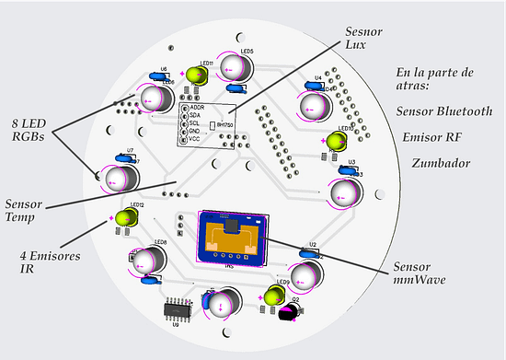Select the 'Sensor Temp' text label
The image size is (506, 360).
(28, 211)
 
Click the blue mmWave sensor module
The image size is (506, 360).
(230, 238)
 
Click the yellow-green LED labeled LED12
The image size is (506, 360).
(125, 218)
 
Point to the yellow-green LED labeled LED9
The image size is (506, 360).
(273, 296)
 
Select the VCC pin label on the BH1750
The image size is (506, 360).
(196, 139)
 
